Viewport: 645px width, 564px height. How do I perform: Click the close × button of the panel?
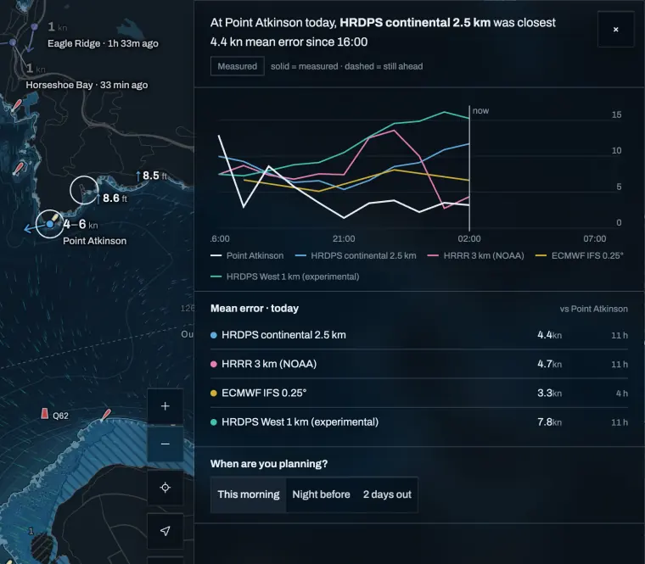click(x=615, y=29)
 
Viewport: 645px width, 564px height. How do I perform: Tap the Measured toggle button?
click(x=238, y=66)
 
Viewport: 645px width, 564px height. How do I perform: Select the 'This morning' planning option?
click(x=249, y=494)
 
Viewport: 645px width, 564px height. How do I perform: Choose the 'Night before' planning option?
click(x=321, y=494)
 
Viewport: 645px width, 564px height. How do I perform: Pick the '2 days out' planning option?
click(x=387, y=494)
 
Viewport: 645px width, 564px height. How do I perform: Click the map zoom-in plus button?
click(x=165, y=406)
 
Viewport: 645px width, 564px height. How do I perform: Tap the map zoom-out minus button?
click(x=165, y=444)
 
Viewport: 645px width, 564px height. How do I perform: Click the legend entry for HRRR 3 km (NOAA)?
click(x=476, y=255)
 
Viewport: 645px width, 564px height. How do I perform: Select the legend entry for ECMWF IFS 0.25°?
click(x=579, y=255)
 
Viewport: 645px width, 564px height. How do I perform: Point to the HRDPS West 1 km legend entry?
click(x=284, y=276)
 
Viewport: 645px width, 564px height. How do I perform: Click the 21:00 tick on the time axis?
click(x=344, y=239)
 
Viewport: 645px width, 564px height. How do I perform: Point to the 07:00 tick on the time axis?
click(x=594, y=239)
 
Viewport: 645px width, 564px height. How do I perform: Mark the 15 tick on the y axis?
click(x=616, y=114)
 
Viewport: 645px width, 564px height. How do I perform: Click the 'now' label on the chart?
click(x=480, y=110)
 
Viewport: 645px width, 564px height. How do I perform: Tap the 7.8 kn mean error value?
click(x=549, y=422)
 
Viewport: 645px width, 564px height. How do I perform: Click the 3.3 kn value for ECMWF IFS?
click(x=549, y=393)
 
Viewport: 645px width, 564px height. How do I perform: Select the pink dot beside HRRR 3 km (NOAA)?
click(x=214, y=364)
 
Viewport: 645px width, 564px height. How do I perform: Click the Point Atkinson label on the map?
click(x=94, y=241)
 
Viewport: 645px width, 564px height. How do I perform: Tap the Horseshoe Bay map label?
click(x=59, y=85)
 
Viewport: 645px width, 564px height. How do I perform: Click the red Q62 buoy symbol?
click(x=44, y=414)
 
